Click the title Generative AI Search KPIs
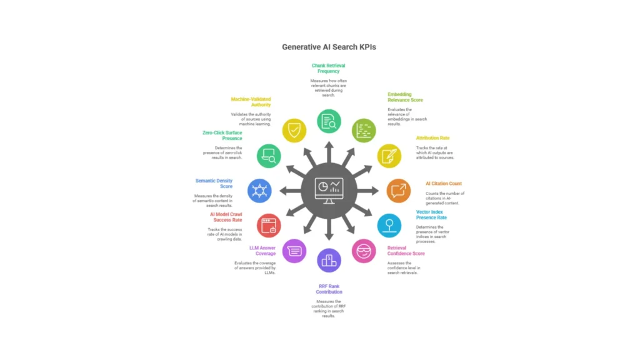[x=329, y=47]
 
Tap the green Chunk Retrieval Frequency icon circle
[x=329, y=121]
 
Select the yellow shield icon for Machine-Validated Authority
[x=294, y=131]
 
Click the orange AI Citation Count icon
[x=399, y=191]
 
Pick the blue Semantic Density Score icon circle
[x=259, y=191]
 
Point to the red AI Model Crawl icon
[x=269, y=225]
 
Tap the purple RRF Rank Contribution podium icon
[x=329, y=260]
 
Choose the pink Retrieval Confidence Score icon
[x=364, y=251]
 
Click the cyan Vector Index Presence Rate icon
[x=389, y=225]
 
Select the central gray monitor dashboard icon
[x=329, y=191]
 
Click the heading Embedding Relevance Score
[x=405, y=97]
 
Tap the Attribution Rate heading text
[x=432, y=138]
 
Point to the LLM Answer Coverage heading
[x=262, y=251]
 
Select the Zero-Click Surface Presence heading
[x=222, y=136]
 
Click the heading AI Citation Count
[x=444, y=184]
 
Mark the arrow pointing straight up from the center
[x=329, y=152]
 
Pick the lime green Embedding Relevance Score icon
[x=364, y=131]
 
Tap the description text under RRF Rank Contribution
[x=329, y=309]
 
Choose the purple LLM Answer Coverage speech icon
[x=294, y=251]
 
